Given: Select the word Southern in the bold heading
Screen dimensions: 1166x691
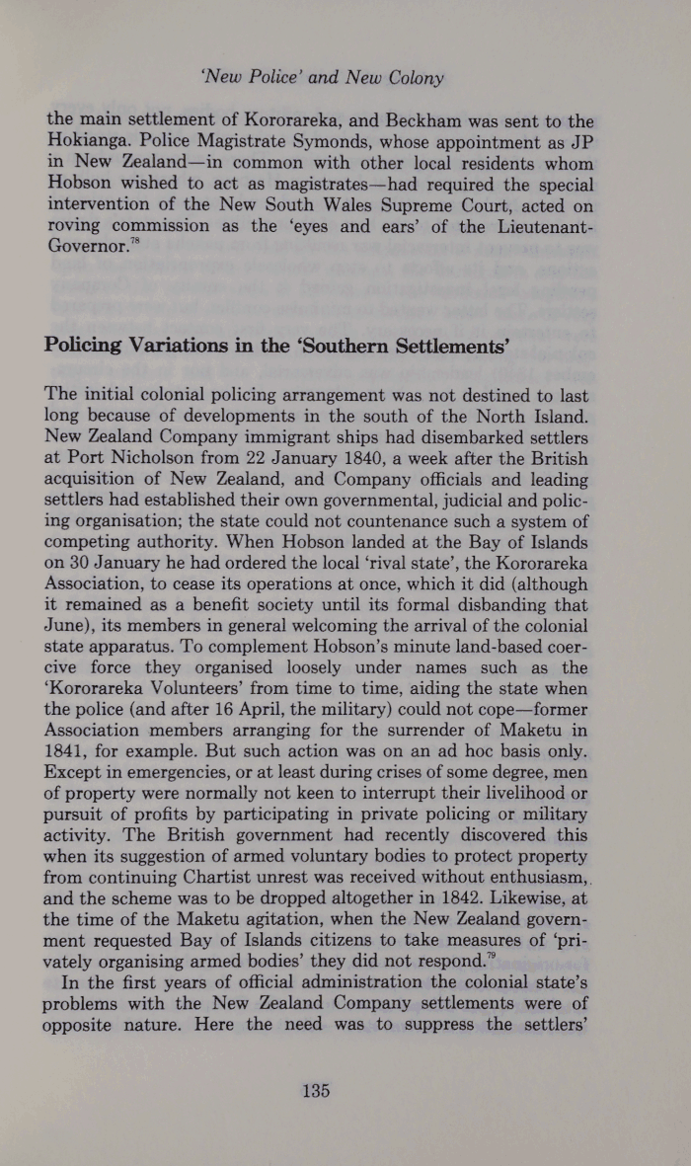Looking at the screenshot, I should coord(363,347).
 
